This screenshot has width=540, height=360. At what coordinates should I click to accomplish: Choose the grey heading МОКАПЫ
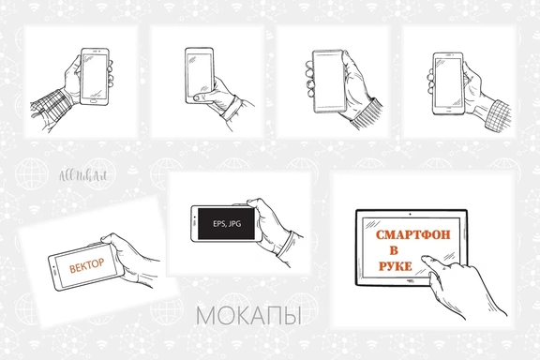(x=247, y=317)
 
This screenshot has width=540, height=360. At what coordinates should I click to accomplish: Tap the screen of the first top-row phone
(x=94, y=75)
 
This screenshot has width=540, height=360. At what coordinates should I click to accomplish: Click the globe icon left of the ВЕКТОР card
(x=29, y=176)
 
